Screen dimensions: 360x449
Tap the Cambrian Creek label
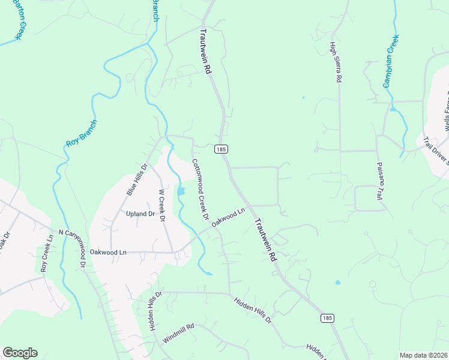(x=391, y=61)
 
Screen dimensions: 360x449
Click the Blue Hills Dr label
(x=136, y=179)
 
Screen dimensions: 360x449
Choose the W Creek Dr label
(x=161, y=206)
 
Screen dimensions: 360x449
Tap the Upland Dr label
(x=140, y=214)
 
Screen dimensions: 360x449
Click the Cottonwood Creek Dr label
(x=200, y=188)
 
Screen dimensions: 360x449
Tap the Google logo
(x=20, y=353)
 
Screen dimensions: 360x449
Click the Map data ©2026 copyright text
(x=423, y=355)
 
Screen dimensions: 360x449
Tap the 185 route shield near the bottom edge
(x=326, y=317)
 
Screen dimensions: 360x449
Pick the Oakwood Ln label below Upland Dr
(x=108, y=253)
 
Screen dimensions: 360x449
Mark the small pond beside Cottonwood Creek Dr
(x=181, y=191)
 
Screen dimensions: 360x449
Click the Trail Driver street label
(x=435, y=150)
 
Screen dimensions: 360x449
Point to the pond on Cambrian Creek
(x=393, y=109)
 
